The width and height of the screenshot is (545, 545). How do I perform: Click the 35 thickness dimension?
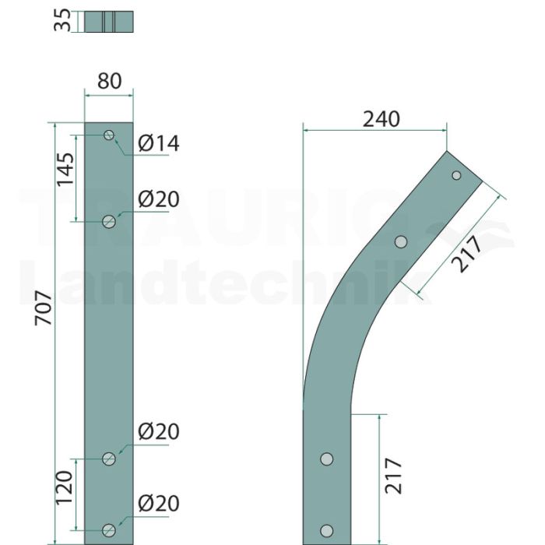pyautogui.click(x=62, y=20)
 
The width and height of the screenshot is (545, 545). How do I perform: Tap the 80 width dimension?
pyautogui.click(x=109, y=81)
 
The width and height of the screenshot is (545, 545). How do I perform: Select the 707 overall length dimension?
pyautogui.click(x=44, y=308)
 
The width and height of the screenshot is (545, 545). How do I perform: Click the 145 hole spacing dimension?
pyautogui.click(x=65, y=169)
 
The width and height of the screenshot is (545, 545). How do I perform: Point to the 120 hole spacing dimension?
pyautogui.click(x=65, y=487)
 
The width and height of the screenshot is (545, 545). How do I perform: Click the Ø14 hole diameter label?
pyautogui.click(x=159, y=143)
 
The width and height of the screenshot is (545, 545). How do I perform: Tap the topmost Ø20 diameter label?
pyautogui.click(x=159, y=199)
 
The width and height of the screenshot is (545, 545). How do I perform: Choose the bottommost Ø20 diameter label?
pyautogui.click(x=159, y=504)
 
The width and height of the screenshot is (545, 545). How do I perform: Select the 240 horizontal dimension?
pyautogui.click(x=381, y=119)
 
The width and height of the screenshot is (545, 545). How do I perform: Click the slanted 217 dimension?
pyautogui.click(x=466, y=254)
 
